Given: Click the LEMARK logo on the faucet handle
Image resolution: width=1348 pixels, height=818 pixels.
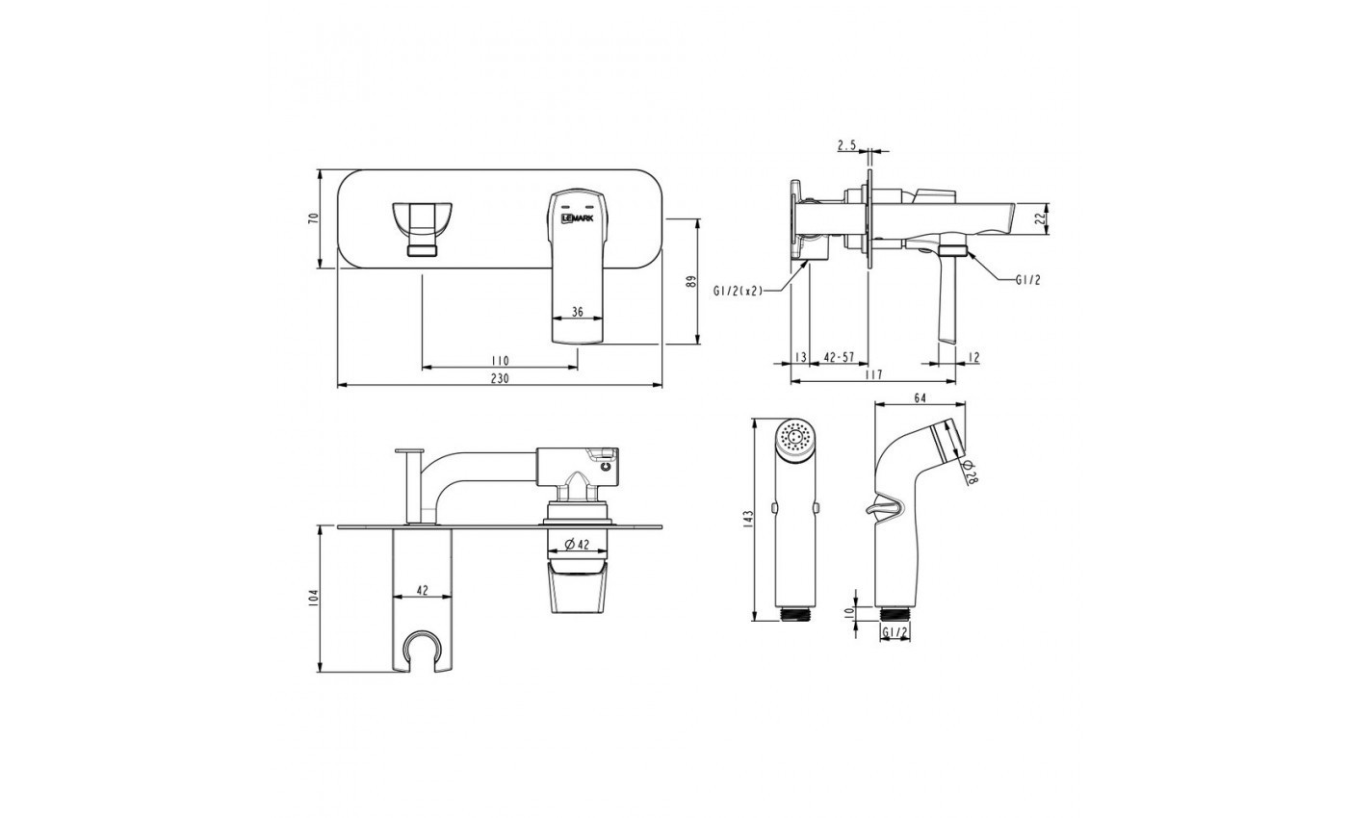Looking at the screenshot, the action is (577, 218).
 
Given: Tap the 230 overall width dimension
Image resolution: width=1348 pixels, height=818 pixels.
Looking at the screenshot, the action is (500, 378).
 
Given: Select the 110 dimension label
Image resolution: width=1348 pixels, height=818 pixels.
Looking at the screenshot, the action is (500, 361).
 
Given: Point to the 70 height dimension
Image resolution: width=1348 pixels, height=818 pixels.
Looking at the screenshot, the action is (312, 218).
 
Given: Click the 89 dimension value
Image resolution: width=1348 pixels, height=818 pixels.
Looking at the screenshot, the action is (691, 282).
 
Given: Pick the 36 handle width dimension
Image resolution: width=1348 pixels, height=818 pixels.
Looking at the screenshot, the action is (577, 312).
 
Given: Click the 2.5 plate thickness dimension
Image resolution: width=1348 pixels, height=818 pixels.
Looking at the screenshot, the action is (846, 145).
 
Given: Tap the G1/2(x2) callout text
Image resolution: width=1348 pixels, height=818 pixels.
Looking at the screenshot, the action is (738, 291).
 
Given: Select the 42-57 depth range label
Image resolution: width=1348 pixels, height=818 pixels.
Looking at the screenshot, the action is (839, 357).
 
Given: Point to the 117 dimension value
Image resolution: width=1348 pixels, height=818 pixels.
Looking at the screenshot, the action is (872, 374).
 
